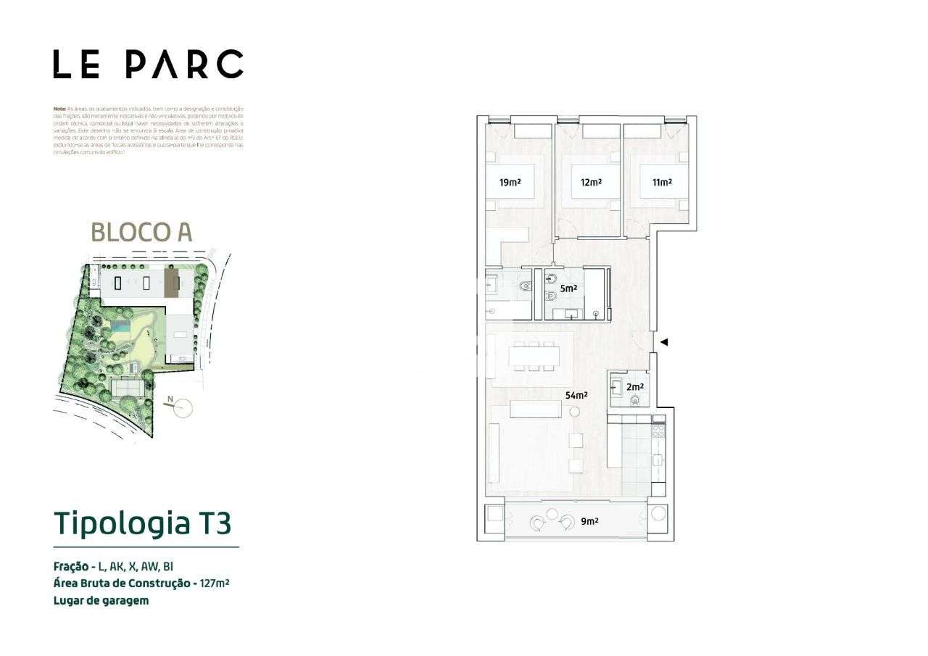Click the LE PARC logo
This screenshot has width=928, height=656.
point(148,65)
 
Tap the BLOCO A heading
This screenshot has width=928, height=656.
point(141,232)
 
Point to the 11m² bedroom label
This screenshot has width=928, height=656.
point(661,183)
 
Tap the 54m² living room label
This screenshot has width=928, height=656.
point(576,395)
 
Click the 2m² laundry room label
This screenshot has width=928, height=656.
point(635,387)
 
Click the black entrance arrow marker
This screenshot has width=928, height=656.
point(663,342)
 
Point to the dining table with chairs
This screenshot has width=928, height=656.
point(535,357)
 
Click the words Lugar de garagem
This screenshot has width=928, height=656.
point(101,600)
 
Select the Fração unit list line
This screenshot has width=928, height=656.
point(113,565)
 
